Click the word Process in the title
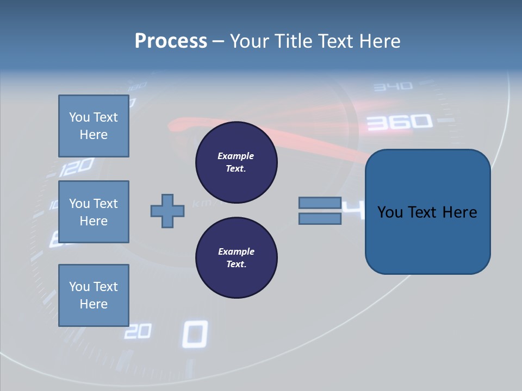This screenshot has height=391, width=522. tap(171, 41)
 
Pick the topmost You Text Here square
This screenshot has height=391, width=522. tap(94, 126)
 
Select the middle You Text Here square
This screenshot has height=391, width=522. tap(94, 212)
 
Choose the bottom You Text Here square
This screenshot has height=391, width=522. tap(94, 295)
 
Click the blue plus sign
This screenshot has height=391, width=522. tap(167, 211)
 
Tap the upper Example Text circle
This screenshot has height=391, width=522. tap(237, 162)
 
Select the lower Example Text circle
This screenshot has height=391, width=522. tap(237, 258)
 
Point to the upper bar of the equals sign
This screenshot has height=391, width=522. tap(320, 203)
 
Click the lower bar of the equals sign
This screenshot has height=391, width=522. tap(320, 219)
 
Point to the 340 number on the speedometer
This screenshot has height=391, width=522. tap(393, 86)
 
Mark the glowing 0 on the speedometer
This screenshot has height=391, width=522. tap(195, 334)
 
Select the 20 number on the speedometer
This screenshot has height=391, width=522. tap(138, 331)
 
